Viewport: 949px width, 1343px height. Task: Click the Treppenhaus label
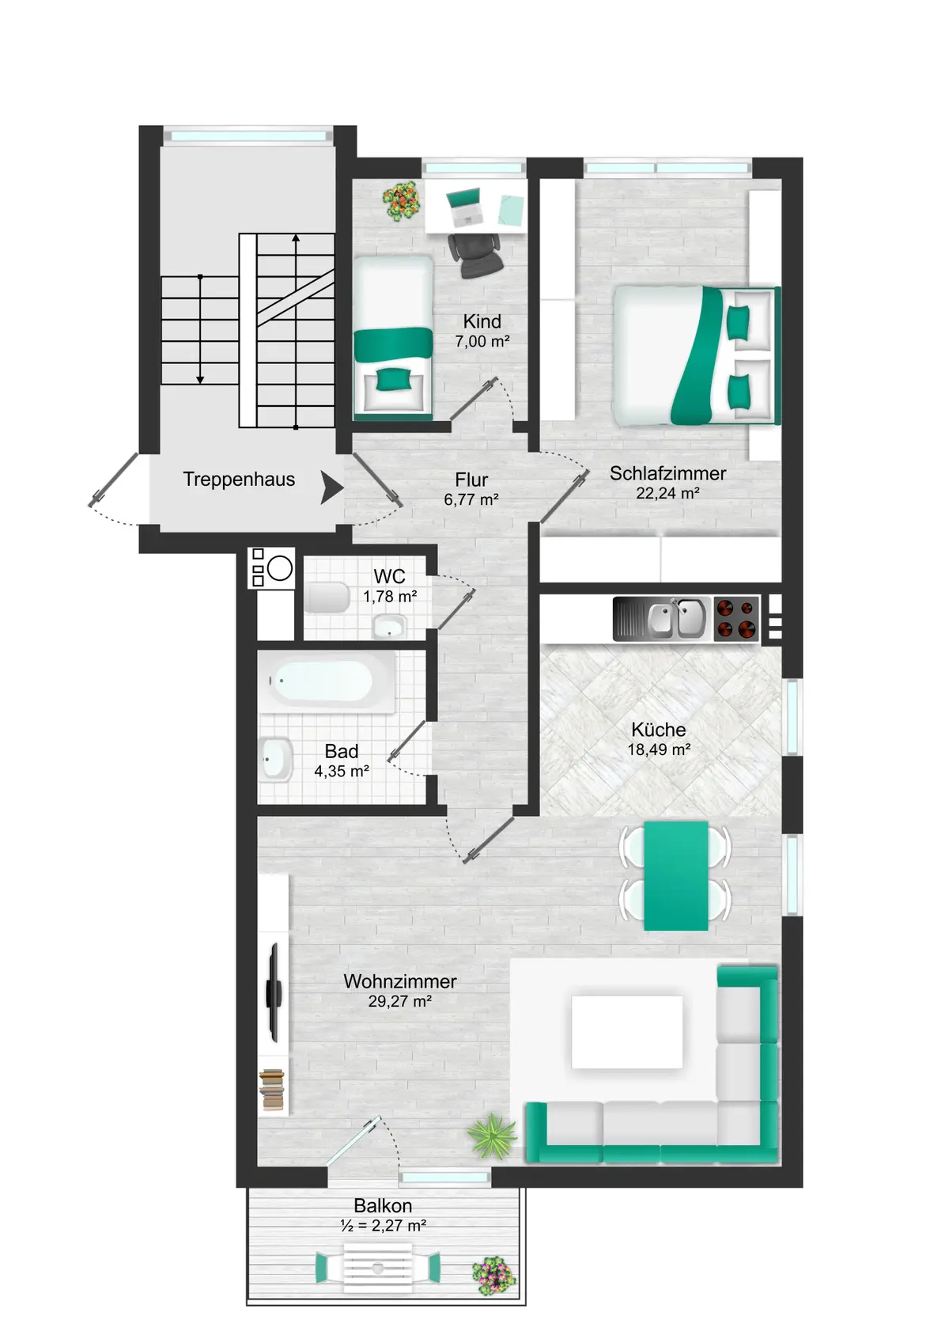[239, 480]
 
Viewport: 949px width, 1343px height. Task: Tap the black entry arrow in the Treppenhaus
[332, 487]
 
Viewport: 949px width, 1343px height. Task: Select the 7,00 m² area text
[482, 342]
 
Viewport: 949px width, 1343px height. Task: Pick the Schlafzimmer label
[667, 473]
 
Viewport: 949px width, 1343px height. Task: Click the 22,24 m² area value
[667, 493]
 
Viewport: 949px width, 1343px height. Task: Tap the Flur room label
[471, 480]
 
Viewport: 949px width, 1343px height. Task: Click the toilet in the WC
[327, 598]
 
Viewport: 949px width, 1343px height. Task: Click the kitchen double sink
[677, 618]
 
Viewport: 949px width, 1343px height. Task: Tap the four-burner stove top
[736, 619]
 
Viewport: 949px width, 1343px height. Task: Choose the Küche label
[659, 730]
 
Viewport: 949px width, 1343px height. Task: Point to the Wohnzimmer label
[399, 981]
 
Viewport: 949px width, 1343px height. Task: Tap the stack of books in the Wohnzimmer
[272, 1090]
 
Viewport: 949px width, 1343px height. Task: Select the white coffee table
[626, 1033]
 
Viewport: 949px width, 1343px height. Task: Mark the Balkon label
[383, 1206]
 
